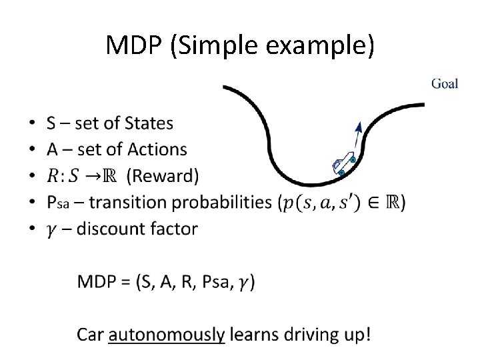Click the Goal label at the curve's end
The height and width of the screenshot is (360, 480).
[x=445, y=85]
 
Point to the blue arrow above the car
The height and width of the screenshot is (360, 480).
[x=359, y=137]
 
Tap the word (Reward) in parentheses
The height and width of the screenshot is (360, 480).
[x=163, y=177]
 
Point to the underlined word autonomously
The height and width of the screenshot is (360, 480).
[x=167, y=334]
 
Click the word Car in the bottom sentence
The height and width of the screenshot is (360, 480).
[x=91, y=333]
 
